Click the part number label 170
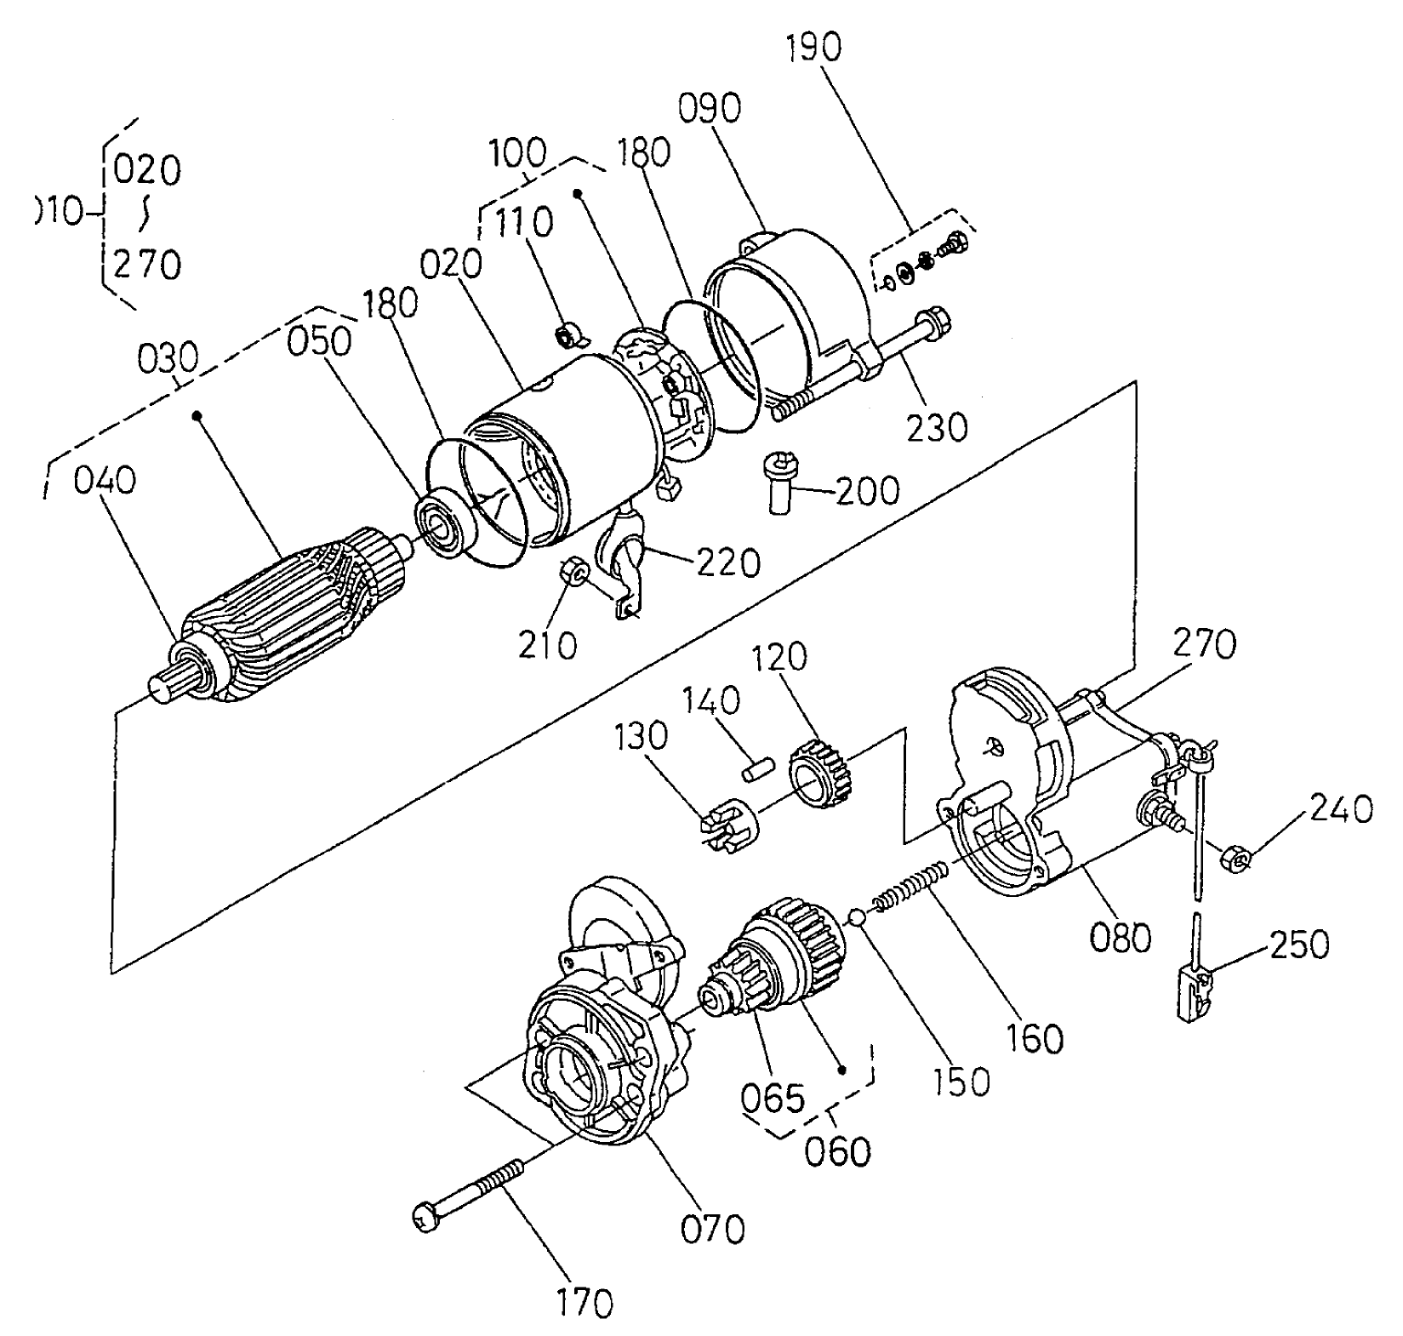pyautogui.click(x=585, y=1302)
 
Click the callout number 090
pyautogui.click(x=710, y=109)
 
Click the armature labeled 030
pyautogui.click(x=289, y=613)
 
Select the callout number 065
pyautogui.click(x=772, y=1098)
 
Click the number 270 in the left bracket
pyautogui.click(x=147, y=265)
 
